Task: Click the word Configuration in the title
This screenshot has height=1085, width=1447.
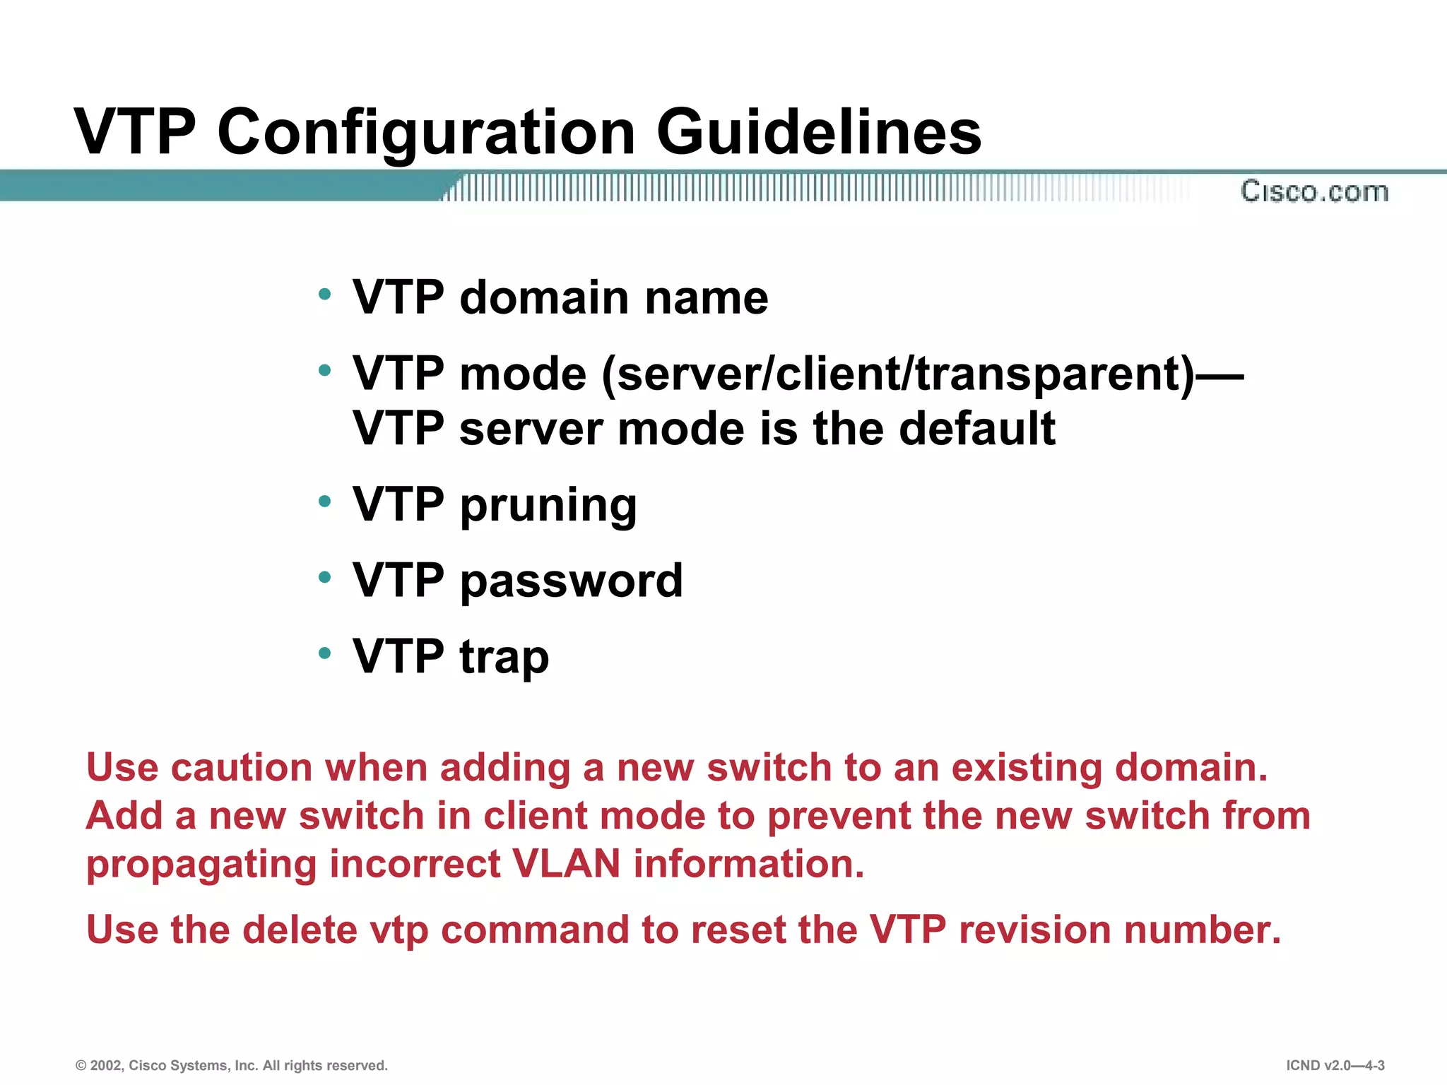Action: (426, 133)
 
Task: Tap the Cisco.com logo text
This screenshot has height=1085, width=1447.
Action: (1314, 191)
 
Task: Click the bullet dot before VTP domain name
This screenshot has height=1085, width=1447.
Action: (324, 294)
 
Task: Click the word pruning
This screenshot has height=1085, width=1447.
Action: (548, 506)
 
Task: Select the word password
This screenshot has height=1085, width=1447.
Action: (571, 581)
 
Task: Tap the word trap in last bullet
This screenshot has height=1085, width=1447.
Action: (504, 658)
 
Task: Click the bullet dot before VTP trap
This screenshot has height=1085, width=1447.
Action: (324, 653)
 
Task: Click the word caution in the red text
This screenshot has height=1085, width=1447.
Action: (242, 768)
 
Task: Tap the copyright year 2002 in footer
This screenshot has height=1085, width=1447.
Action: (105, 1065)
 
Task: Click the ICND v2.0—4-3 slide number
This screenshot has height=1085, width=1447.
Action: (1335, 1065)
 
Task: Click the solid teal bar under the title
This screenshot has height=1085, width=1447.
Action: (212, 186)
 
